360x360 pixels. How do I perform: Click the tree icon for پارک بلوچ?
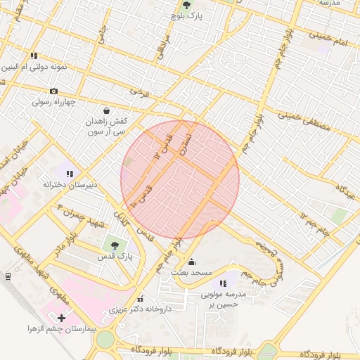point(186,4)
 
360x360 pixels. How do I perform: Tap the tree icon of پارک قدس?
point(115,245)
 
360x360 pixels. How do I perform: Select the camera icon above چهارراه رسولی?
point(53,91)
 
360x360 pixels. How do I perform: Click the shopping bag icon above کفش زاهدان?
point(106,110)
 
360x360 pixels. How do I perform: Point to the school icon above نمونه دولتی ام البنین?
point(33,56)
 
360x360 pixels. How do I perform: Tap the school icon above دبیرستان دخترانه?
point(69,173)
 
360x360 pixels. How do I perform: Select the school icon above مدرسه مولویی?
point(224,283)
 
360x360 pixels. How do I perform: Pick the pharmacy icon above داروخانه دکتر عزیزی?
point(140,298)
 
